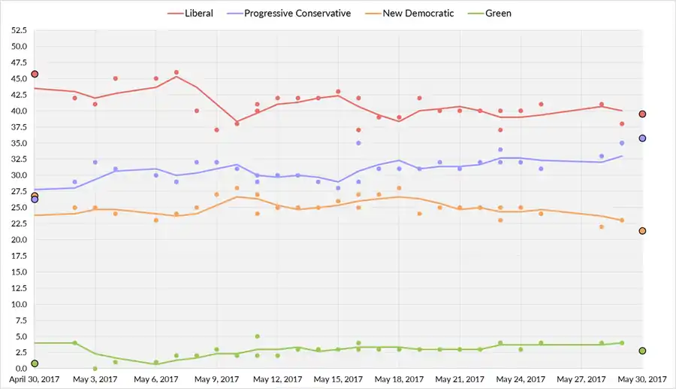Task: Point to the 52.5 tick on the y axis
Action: tap(17, 30)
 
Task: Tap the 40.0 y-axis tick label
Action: tap(17, 111)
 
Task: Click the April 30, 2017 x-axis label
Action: tap(35, 379)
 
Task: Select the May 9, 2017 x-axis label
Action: tap(217, 379)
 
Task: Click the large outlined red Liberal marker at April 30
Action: tap(35, 74)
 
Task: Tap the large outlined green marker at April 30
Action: tap(35, 363)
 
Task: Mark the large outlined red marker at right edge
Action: tap(642, 114)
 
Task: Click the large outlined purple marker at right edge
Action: tap(642, 138)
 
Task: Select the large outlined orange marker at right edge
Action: tap(642, 231)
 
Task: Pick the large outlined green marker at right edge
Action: tap(642, 351)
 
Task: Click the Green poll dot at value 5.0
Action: tap(257, 336)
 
